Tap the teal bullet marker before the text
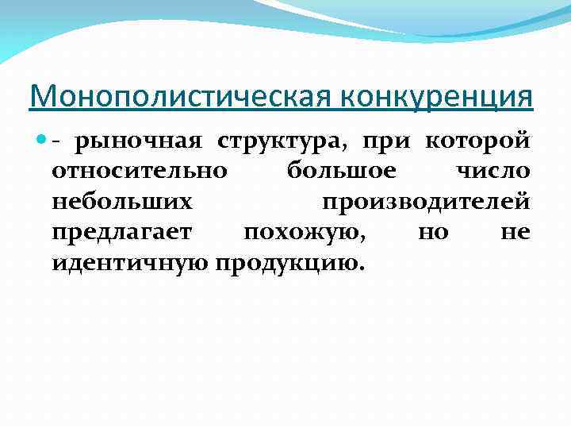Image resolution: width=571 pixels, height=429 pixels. click(x=41, y=142)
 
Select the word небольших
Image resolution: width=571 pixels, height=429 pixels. click(x=121, y=203)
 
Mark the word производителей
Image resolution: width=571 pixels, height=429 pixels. click(x=426, y=203)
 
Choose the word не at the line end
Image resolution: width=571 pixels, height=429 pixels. click(x=515, y=233)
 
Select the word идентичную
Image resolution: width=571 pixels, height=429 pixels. click(x=129, y=263)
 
